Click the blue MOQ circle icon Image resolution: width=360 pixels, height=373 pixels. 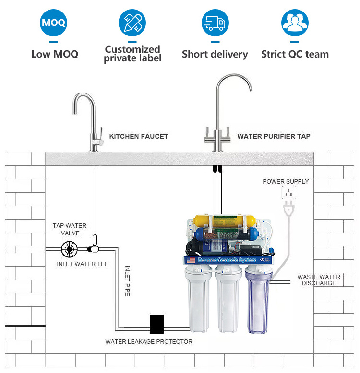[53, 23]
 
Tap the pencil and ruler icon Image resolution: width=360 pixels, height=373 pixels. [132, 23]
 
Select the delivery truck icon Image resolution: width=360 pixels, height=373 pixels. [215, 23]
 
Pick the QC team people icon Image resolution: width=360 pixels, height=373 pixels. [294, 23]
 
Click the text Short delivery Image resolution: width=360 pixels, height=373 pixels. [215, 54]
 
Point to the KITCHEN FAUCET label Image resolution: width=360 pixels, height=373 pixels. [139, 136]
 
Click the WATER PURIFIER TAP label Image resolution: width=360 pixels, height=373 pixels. [274, 136]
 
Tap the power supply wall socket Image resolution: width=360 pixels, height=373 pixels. [288, 193]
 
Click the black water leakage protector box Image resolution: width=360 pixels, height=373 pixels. [156, 324]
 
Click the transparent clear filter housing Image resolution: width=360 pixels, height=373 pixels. [258, 301]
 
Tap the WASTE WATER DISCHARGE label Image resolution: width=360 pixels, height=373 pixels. [319, 280]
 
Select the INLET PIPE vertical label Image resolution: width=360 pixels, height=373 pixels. [128, 281]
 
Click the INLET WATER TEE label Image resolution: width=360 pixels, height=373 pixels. [83, 264]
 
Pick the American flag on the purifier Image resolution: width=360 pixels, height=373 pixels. [190, 260]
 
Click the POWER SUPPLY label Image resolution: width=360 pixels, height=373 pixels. [286, 181]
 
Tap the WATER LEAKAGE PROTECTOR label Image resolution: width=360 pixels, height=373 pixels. [149, 342]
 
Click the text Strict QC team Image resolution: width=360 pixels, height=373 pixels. [295, 54]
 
